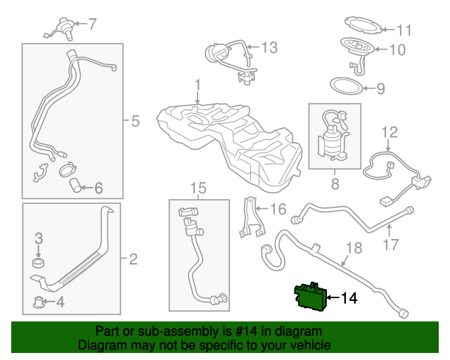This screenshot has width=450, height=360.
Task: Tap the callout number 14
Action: (349, 299)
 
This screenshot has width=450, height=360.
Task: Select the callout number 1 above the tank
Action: (198, 86)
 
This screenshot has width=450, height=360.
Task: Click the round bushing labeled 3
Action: (39, 264)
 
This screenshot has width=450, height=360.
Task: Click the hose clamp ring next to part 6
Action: (69, 169)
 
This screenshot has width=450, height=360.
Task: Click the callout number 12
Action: (390, 131)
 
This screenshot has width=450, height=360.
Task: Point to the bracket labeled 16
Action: (248, 216)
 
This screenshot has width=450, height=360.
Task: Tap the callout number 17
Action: (391, 245)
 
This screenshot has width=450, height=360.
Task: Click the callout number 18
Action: (353, 247)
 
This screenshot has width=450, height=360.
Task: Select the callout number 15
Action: (199, 188)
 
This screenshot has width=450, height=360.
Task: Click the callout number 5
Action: (135, 121)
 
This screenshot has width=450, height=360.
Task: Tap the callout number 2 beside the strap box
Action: (133, 260)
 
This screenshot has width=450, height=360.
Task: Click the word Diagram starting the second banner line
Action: (101, 345)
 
